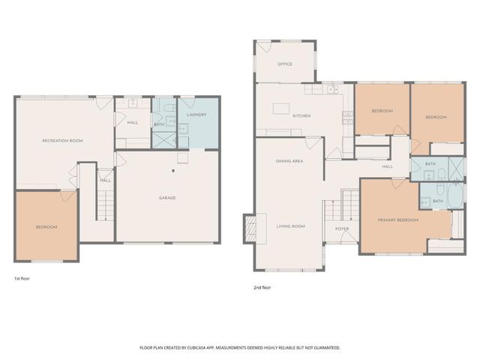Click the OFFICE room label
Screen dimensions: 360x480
[285, 64]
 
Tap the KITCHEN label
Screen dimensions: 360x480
[301, 115]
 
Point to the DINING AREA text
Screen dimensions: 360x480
[289, 161]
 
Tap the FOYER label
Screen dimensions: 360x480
[342, 229]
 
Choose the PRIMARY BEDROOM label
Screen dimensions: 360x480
[397, 220]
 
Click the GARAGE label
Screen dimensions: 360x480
[167, 198]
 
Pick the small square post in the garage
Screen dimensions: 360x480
[173, 170]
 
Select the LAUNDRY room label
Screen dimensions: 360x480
[197, 115]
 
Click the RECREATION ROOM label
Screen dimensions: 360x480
[62, 140]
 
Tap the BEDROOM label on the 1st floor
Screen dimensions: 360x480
[46, 226]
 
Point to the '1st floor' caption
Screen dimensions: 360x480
[22, 278]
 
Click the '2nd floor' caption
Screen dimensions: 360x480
[262, 287]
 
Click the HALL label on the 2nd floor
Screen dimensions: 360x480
[387, 166]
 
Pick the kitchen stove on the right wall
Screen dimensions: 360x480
[347, 117]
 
